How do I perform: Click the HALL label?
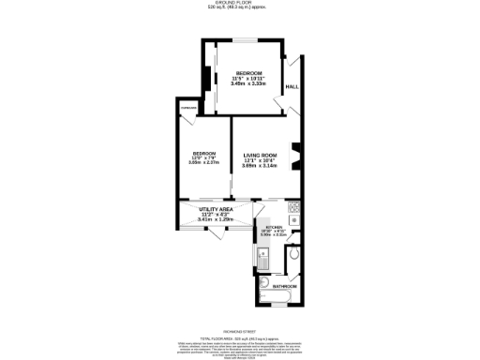292,87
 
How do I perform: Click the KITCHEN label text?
274,227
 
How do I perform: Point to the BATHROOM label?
285,285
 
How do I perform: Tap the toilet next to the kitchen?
295,252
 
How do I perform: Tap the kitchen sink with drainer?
262,253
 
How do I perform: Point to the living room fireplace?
296,154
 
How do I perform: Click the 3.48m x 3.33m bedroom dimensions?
249,84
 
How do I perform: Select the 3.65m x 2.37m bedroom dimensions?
204,162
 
